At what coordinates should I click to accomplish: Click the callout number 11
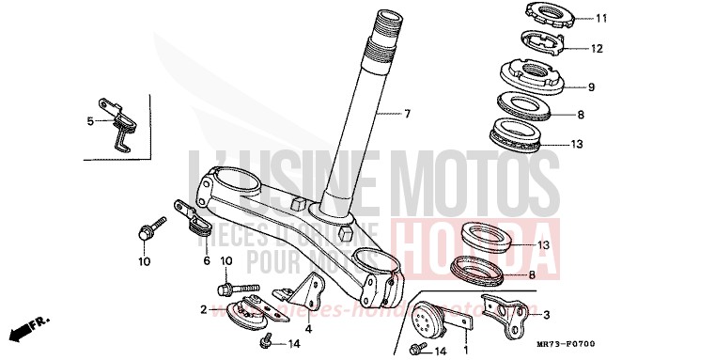(x=601, y=18)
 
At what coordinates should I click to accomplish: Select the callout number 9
(x=591, y=87)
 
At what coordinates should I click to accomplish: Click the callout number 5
(x=91, y=121)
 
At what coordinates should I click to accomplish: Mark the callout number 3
(x=547, y=316)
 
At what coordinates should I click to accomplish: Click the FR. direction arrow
(x=27, y=329)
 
